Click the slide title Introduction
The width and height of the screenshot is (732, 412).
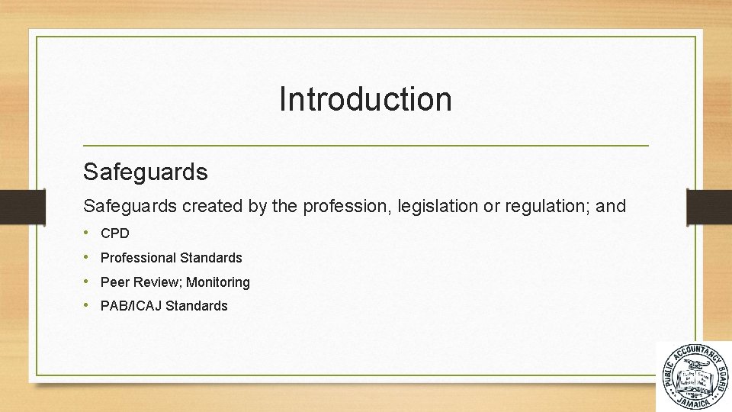(x=365, y=99)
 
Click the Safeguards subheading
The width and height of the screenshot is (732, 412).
(x=145, y=172)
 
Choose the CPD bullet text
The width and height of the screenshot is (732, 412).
(x=115, y=233)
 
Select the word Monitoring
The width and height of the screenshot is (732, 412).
(x=218, y=282)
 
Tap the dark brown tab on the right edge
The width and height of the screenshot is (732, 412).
(x=709, y=206)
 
